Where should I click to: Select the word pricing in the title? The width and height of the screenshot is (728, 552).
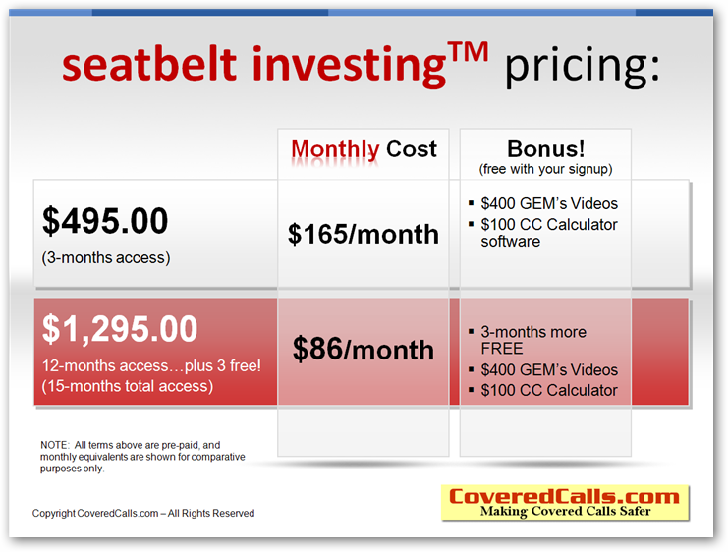click(583, 68)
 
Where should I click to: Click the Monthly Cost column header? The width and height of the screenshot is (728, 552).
click(364, 149)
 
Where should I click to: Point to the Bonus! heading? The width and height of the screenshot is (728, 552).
click(545, 149)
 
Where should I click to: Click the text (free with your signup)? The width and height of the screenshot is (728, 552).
click(545, 169)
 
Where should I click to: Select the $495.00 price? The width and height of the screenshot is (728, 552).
click(105, 221)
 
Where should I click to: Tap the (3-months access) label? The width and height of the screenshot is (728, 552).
click(106, 257)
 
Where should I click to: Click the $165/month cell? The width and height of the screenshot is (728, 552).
click(364, 234)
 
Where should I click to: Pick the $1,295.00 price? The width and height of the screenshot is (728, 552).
click(120, 329)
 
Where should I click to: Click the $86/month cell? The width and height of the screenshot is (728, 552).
click(364, 349)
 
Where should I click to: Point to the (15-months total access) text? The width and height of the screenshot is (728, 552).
click(128, 386)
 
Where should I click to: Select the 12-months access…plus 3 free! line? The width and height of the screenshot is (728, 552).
click(151, 365)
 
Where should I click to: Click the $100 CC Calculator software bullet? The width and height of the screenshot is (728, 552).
click(543, 233)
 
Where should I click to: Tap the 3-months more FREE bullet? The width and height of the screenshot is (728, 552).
click(528, 340)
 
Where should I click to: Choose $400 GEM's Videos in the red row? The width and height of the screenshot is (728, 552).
click(543, 369)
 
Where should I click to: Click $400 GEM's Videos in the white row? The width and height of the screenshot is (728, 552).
click(543, 203)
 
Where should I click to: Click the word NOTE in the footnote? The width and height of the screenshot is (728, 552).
click(54, 445)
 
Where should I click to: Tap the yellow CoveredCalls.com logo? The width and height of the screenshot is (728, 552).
click(565, 503)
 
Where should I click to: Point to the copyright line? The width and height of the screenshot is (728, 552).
click(143, 513)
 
